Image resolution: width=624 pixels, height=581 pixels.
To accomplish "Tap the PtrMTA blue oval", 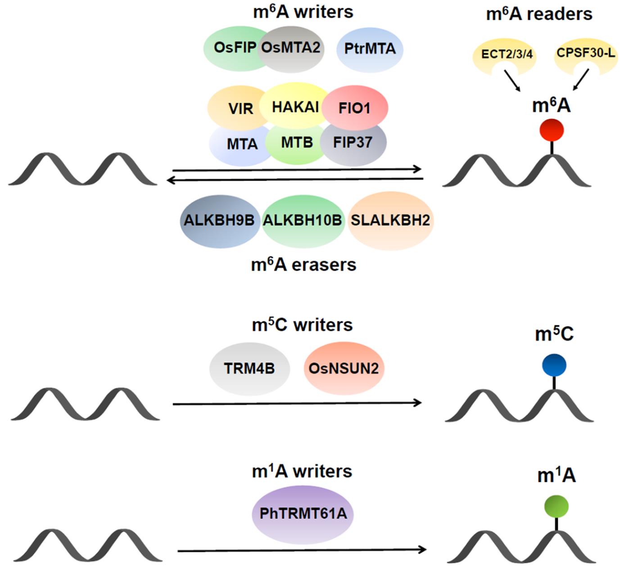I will point(370,49).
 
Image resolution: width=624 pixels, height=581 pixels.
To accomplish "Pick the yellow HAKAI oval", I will point(295,107).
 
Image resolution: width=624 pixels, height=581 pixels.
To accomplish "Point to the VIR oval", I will point(239,108).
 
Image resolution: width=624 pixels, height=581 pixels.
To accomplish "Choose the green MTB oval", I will point(296,143).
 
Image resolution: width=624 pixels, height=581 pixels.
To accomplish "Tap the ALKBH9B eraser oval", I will point(219,221).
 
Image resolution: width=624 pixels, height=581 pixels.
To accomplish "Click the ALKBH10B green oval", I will point(302,221).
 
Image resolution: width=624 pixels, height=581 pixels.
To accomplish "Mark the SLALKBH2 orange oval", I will point(390,221).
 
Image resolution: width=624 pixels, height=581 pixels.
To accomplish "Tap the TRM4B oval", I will point(249,369).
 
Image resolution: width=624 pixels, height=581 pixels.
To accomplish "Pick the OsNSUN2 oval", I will point(344,369).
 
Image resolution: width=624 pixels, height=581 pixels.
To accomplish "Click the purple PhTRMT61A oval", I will point(303,513).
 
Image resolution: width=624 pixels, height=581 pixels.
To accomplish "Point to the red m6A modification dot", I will point(552,130).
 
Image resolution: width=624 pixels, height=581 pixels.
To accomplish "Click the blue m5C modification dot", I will point(554,365).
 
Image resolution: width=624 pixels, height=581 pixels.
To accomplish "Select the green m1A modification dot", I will point(556,507).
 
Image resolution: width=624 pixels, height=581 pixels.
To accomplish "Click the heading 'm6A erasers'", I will point(303,265).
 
